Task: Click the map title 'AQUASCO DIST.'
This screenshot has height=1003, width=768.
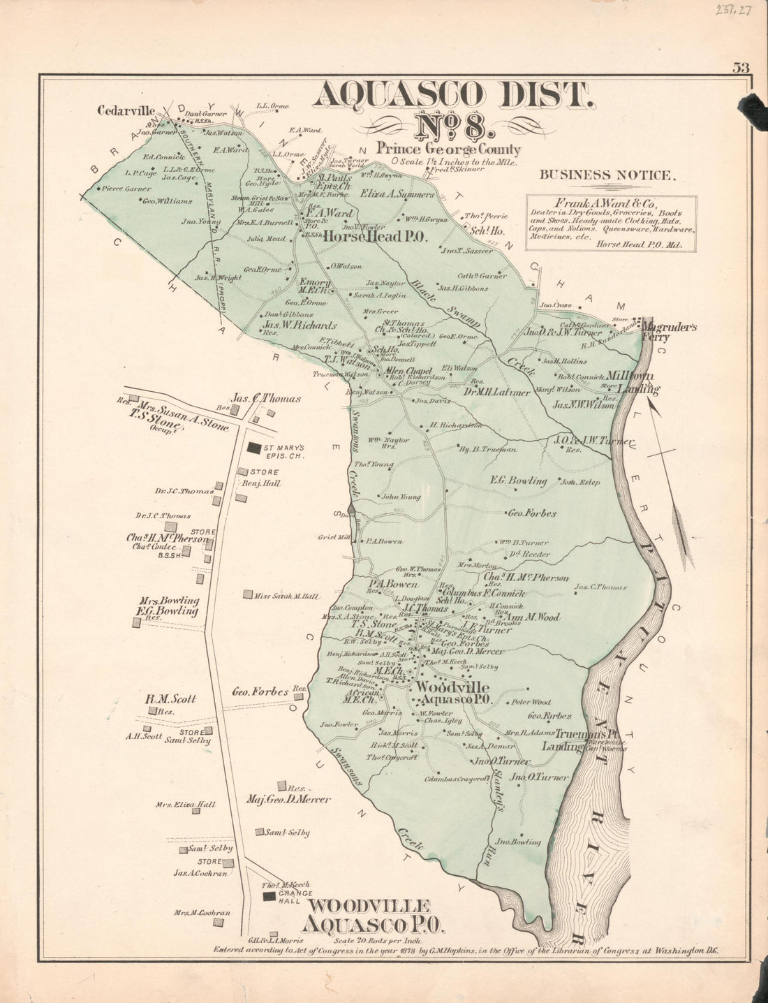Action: [x=454, y=96]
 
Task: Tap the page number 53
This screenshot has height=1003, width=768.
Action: [x=741, y=68]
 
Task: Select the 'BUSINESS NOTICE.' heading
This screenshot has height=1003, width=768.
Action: [x=608, y=175]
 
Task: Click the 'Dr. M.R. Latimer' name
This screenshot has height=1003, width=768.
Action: [x=496, y=392]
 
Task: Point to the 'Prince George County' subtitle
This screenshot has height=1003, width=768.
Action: [x=448, y=149]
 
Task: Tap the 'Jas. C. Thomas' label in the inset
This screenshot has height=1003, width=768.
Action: [x=267, y=399]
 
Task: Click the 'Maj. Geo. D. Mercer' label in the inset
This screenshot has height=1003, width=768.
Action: [x=288, y=800]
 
